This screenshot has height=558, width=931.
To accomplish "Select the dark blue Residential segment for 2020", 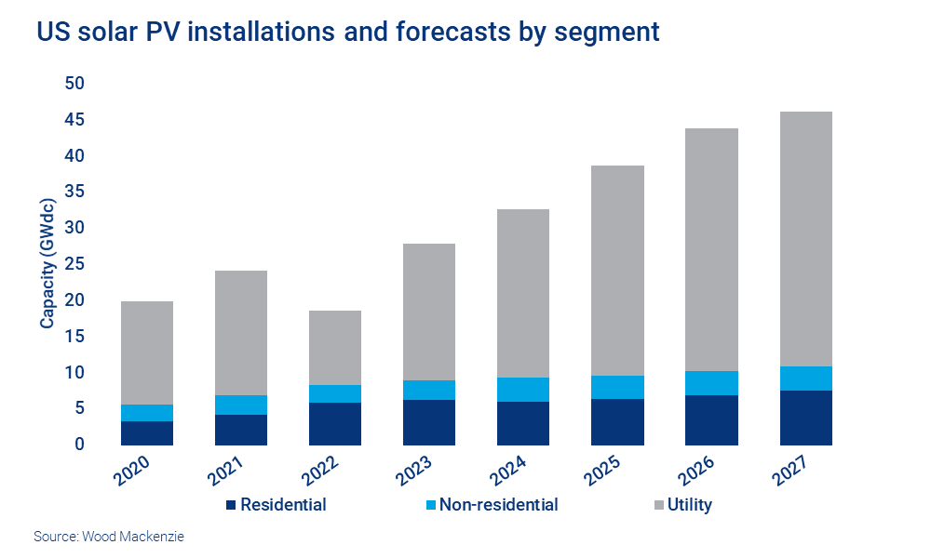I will (146, 433).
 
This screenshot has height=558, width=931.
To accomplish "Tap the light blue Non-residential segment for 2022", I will (335, 393).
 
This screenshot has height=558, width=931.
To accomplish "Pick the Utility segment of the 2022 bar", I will (335, 348).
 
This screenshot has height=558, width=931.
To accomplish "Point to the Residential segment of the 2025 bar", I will (617, 422).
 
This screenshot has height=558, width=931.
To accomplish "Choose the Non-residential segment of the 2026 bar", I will (711, 383).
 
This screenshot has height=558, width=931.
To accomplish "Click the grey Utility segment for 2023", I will (429, 312).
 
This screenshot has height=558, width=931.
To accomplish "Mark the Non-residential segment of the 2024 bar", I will (523, 390).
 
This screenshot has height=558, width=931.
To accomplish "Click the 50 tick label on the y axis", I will (74, 84).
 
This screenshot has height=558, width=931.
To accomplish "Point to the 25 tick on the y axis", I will (74, 264).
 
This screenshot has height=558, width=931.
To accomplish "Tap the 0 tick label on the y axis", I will (79, 445).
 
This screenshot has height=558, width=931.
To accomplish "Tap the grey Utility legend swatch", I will (659, 506).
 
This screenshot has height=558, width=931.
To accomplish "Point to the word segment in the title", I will (605, 32).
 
